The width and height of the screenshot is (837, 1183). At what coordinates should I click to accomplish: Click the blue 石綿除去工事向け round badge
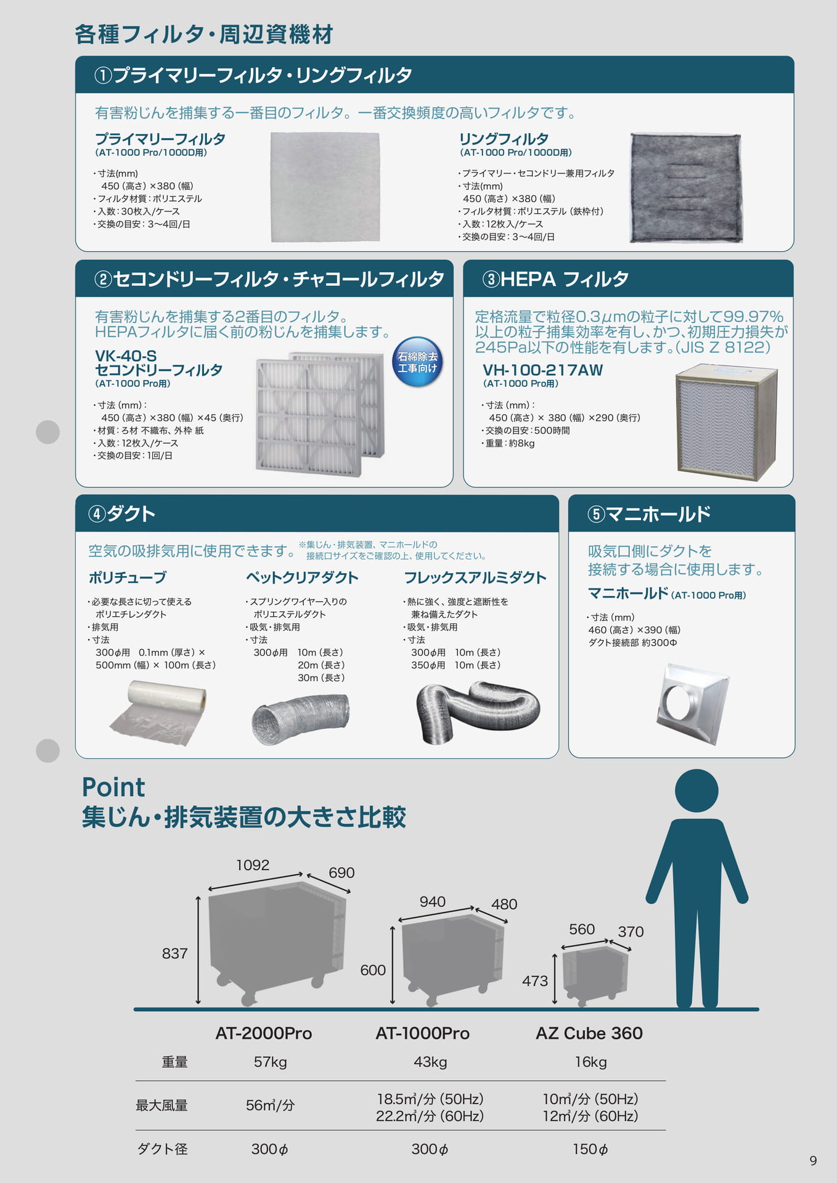pyautogui.click(x=417, y=362)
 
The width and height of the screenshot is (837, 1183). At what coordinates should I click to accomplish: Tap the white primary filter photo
pyautogui.click(x=325, y=187)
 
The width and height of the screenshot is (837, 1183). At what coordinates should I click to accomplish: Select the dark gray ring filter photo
pyautogui.click(x=685, y=188)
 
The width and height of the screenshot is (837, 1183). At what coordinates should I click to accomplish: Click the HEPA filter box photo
pyautogui.click(x=726, y=423)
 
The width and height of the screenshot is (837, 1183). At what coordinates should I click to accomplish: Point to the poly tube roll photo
pyautogui.click(x=158, y=712)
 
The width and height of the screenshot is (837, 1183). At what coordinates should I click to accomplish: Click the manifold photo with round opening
pyautogui.click(x=693, y=704)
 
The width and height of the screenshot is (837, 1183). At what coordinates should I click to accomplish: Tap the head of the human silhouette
pyautogui.click(x=696, y=791)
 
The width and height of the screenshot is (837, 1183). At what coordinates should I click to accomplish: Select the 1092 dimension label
pyautogui.click(x=253, y=865)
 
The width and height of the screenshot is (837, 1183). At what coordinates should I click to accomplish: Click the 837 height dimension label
pyautogui.click(x=174, y=953)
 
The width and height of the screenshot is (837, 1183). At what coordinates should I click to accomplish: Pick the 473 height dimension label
pyautogui.click(x=534, y=980)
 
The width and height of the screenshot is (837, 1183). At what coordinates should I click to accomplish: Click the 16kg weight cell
pyautogui.click(x=590, y=1062)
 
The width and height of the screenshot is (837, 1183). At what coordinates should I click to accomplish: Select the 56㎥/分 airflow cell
pyautogui.click(x=270, y=1105)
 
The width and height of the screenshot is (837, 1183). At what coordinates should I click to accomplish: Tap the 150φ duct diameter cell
pyautogui.click(x=590, y=1148)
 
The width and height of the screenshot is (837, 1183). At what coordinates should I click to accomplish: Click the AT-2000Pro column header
pyautogui.click(x=263, y=1033)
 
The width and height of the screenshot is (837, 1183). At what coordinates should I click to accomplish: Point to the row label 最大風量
pyautogui.click(x=161, y=1105)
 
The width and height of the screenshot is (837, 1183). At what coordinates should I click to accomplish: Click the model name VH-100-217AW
pyautogui.click(x=542, y=370)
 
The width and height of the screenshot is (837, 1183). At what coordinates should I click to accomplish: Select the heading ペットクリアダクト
pyautogui.click(x=302, y=577)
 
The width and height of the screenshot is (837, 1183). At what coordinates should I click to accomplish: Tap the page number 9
pyautogui.click(x=813, y=1161)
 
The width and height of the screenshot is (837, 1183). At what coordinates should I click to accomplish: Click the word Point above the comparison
pyautogui.click(x=113, y=787)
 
